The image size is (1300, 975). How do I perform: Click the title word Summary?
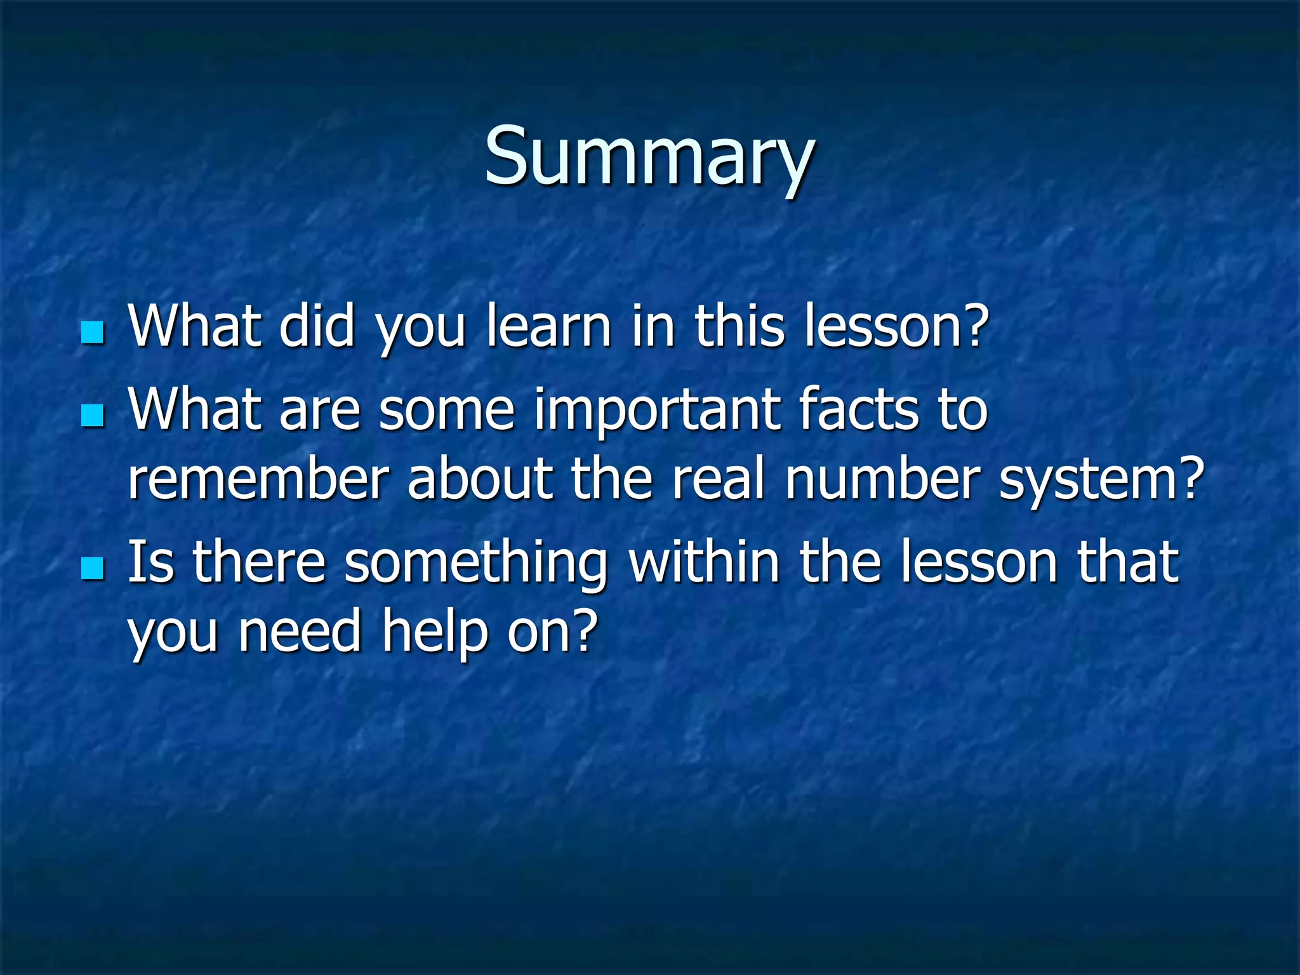pos(649,157)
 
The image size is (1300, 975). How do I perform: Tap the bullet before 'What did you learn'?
pos(93,331)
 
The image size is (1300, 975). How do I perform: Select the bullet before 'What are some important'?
pos(93,416)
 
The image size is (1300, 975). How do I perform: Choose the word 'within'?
pos(705,562)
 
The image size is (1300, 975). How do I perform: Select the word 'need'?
pos(300,632)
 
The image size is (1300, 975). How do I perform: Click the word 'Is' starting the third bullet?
pos(150,562)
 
